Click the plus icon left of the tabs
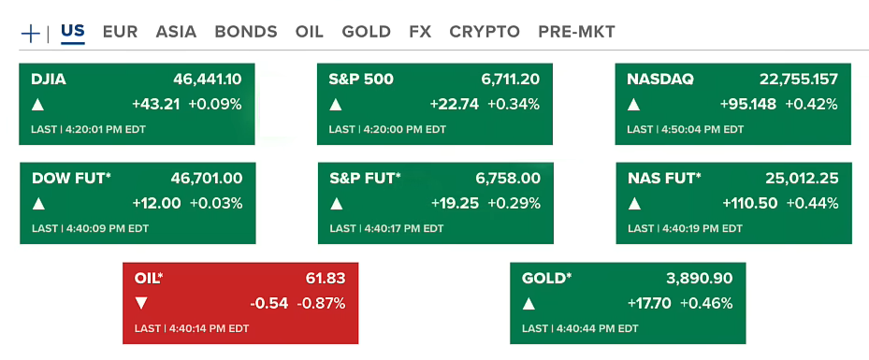pyautogui.click(x=30, y=33)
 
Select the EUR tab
pyautogui.click(x=120, y=32)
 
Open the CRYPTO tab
pyautogui.click(x=485, y=32)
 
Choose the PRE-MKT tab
pyautogui.click(x=576, y=32)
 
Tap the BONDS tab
pyautogui.click(x=246, y=32)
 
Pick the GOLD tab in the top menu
pyautogui.click(x=366, y=32)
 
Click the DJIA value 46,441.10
pyautogui.click(x=208, y=79)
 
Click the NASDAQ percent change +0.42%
pyautogui.click(x=811, y=104)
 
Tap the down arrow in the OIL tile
pyautogui.click(x=141, y=303)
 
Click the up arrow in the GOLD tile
pyautogui.click(x=529, y=303)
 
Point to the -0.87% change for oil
pyautogui.click(x=322, y=303)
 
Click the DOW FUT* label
pyautogui.click(x=71, y=178)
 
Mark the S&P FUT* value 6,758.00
pyautogui.click(x=508, y=178)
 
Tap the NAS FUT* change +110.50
pyautogui.click(x=750, y=203)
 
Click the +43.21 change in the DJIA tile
pyautogui.click(x=157, y=104)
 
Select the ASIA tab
pyautogui.click(x=176, y=32)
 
